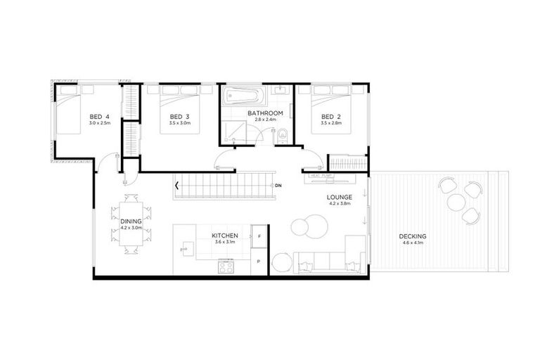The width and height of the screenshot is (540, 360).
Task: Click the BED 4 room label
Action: pyautogui.click(x=99, y=117)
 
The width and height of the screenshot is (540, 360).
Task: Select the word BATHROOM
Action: pyautogui.click(x=265, y=113)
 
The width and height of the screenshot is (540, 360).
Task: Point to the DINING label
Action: pyautogui.click(x=131, y=221)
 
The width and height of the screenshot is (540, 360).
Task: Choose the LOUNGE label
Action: pyautogui.click(x=339, y=198)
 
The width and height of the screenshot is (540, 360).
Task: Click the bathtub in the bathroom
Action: pyautogui.click(x=243, y=95)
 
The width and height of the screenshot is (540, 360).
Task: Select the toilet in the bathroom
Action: pyautogui.click(x=282, y=135)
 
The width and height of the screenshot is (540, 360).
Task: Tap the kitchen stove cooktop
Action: pyautogui.click(x=226, y=266)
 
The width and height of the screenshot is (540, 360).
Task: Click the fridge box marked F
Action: pyautogui.click(x=259, y=237)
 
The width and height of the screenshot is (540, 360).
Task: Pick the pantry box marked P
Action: pyautogui.click(x=259, y=262)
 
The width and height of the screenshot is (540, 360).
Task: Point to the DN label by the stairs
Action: pyautogui.click(x=278, y=185)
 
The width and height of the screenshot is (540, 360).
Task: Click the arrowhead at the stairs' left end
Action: pyautogui.click(x=177, y=186)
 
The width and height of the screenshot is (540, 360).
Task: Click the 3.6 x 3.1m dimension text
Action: pyautogui.click(x=226, y=243)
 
